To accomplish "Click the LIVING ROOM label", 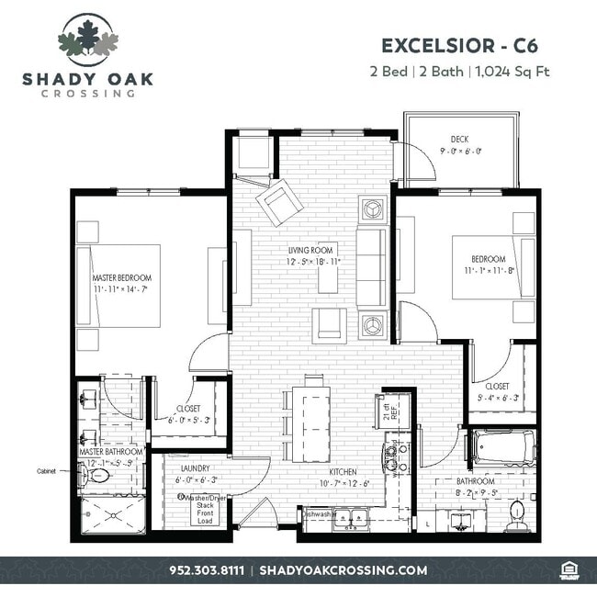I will [311, 250].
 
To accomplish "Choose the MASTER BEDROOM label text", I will [121, 277].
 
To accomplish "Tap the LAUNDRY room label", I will [195, 467].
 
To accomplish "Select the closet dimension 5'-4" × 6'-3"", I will [500, 398].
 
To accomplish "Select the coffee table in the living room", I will [328, 270].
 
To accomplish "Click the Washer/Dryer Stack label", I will [204, 503].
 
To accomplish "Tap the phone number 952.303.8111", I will [207, 570].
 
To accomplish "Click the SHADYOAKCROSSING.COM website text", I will [344, 570].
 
